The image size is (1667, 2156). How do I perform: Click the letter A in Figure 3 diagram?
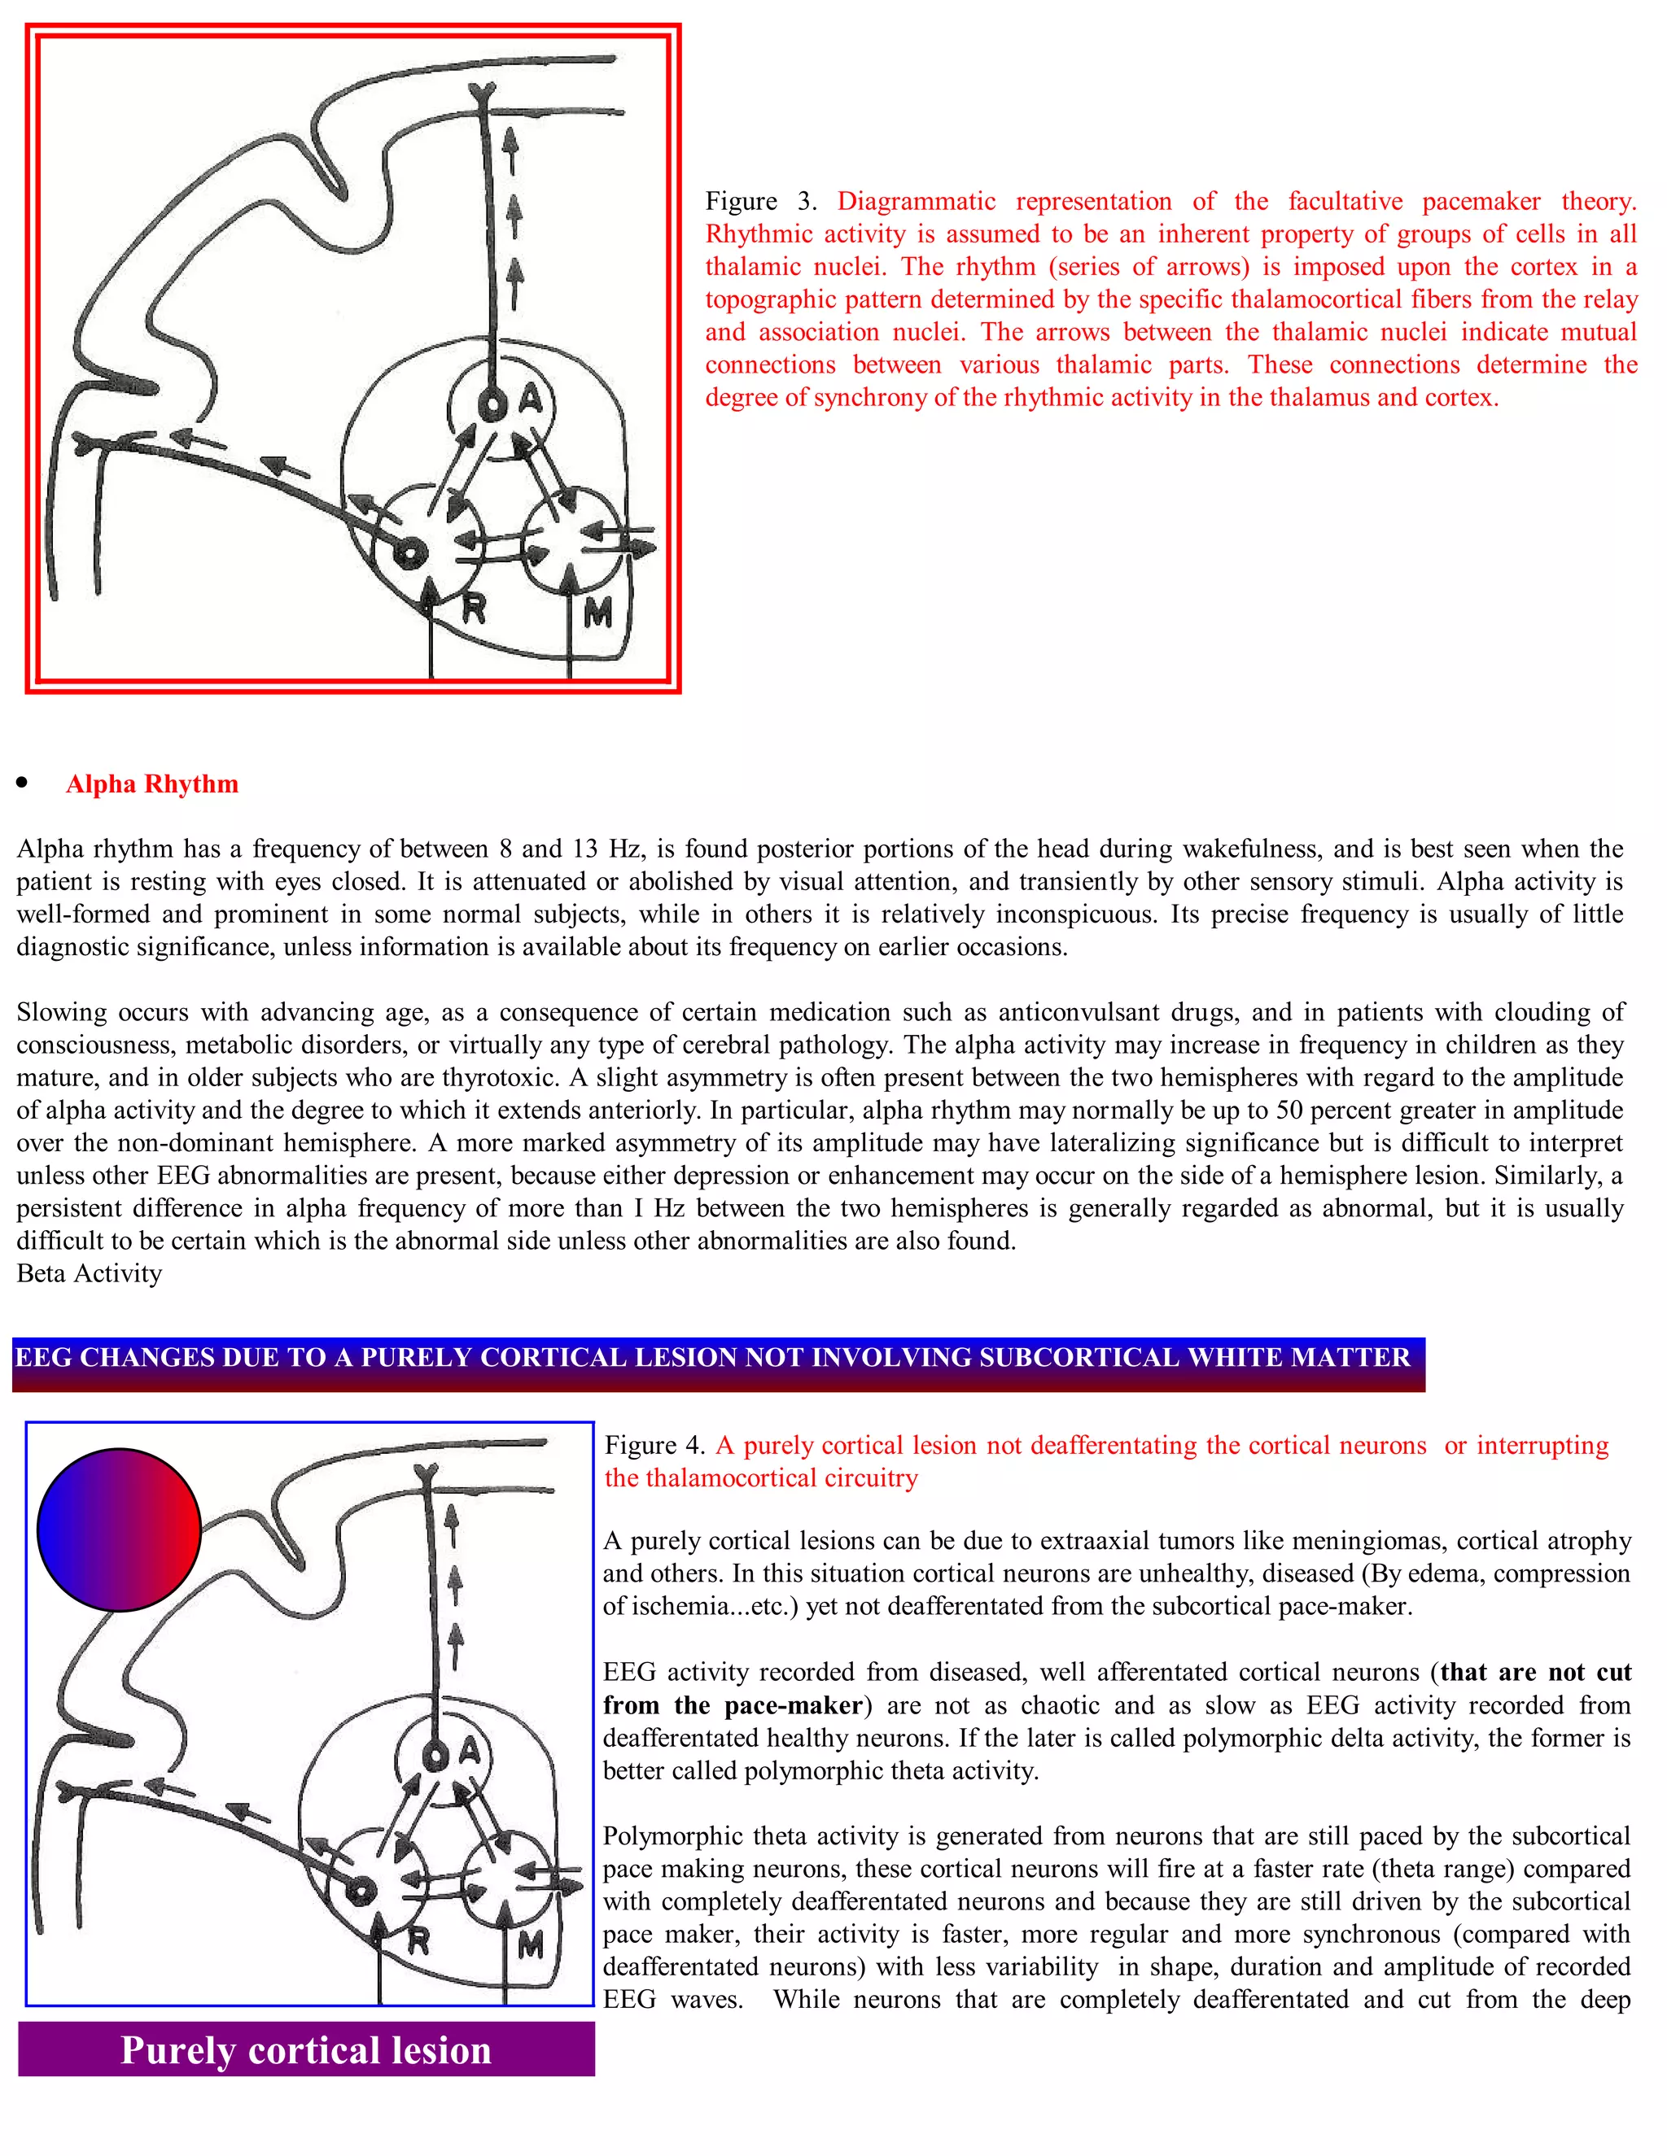tap(532, 399)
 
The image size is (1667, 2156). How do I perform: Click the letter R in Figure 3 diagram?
tap(474, 609)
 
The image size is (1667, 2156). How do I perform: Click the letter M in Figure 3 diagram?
tap(597, 614)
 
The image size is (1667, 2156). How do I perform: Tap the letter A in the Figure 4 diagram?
tap(469, 1752)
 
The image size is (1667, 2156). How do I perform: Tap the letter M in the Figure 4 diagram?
tap(531, 1946)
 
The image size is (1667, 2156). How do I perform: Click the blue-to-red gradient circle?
tap(119, 1530)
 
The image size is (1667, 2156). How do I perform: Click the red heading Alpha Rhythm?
tap(152, 783)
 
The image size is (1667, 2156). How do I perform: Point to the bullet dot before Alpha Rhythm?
tap(22, 783)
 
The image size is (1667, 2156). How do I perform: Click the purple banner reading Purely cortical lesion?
tap(306, 2050)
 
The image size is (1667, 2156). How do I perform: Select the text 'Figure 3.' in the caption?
tap(760, 202)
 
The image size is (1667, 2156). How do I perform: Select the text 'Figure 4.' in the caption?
tap(654, 1445)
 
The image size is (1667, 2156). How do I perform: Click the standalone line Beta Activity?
tap(89, 1273)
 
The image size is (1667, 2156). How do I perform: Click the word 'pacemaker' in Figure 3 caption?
tap(1481, 202)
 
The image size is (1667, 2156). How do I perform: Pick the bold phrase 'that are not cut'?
tap(1536, 1672)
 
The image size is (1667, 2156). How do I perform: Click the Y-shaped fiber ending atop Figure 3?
tap(481, 94)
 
